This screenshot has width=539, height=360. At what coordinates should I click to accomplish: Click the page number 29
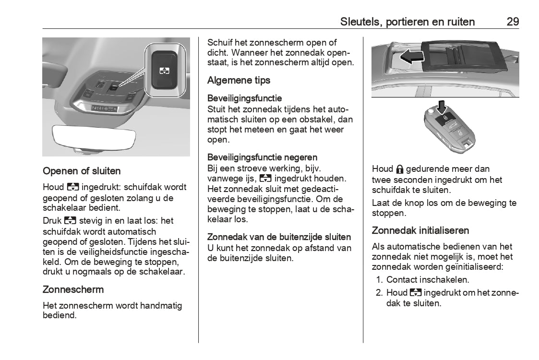pos(512,22)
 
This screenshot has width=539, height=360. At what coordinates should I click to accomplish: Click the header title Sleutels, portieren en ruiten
pos(407,22)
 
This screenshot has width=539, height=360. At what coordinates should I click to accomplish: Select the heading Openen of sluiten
pos(82,171)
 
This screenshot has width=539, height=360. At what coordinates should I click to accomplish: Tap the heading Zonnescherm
pos(73,289)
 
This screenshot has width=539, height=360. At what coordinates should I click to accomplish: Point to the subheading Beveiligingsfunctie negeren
pos(262,157)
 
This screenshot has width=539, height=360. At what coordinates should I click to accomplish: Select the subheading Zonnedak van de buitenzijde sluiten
pos(279,237)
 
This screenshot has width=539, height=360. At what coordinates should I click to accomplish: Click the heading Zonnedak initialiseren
pos(420,230)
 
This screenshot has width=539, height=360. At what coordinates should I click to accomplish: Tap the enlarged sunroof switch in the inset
pos(165,70)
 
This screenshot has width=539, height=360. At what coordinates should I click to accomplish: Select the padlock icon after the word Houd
pos(400,169)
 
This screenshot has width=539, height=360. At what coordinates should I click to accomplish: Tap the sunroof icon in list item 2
pos(416,293)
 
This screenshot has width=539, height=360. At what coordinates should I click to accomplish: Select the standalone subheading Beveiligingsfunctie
pos(244,99)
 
